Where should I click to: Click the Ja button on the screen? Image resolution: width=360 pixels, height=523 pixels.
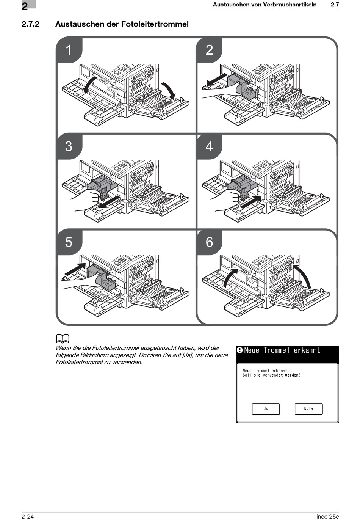[x=266, y=408]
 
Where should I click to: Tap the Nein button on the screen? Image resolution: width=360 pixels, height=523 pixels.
[x=308, y=408]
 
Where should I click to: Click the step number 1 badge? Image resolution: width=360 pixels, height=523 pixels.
[x=69, y=50]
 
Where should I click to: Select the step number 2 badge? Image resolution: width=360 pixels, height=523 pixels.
[x=209, y=50]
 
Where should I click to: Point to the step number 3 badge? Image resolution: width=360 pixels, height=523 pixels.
[x=69, y=146]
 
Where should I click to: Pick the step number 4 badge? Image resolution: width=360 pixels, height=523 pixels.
[x=209, y=146]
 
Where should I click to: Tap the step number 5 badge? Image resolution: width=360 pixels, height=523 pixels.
[x=69, y=242]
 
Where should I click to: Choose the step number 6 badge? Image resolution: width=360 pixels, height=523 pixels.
[x=209, y=242]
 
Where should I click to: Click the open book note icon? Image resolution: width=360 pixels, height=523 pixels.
[x=63, y=338]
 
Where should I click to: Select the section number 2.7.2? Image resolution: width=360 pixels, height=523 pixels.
[x=31, y=24]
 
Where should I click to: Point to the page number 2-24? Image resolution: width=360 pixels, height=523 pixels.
[x=28, y=517]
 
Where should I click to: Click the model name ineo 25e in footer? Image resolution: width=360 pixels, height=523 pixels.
[x=327, y=517]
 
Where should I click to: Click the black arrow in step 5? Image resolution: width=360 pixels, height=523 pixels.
[x=75, y=269]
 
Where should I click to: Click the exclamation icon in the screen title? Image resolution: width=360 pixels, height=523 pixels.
[x=240, y=350]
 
